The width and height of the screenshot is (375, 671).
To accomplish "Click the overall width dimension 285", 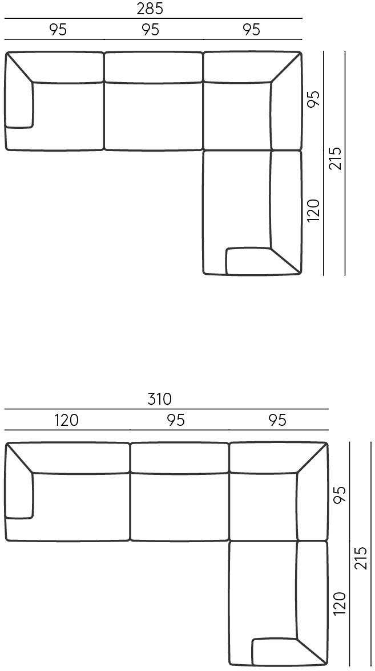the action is pyautogui.click(x=150, y=9).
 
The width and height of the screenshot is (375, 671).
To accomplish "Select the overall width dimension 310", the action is pyautogui.click(x=159, y=399).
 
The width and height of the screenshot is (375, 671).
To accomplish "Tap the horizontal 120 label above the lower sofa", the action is pyautogui.click(x=66, y=420).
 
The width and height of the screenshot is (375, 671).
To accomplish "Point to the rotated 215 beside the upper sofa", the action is pyautogui.click(x=335, y=158).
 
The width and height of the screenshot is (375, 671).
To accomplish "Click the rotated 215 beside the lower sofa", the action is pyautogui.click(x=361, y=558).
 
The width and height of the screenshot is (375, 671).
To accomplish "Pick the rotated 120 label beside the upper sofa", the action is pyautogui.click(x=313, y=210).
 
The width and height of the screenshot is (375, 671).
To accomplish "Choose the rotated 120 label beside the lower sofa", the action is pyautogui.click(x=339, y=603).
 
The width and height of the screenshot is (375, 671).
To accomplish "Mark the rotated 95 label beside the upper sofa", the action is pyautogui.click(x=313, y=99).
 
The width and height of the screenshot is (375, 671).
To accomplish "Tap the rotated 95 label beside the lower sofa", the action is pyautogui.click(x=339, y=495).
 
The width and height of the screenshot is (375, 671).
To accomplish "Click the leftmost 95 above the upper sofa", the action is pyautogui.click(x=58, y=30).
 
